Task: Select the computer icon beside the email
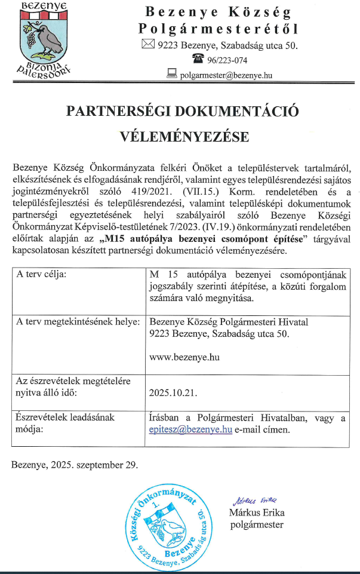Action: coord(173,74)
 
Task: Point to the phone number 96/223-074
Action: coord(227,60)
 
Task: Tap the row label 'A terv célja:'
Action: coord(42,275)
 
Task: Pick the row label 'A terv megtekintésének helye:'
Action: coord(78,322)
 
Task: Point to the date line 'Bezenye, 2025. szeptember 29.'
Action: coord(74,464)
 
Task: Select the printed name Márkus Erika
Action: coord(257,512)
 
